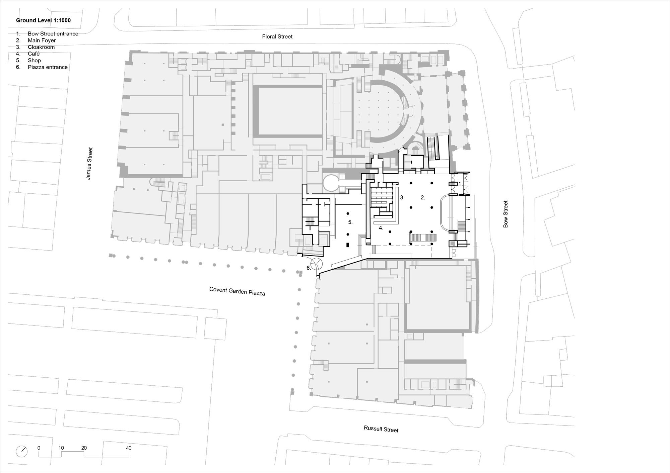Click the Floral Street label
[277, 36]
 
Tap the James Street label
[89, 164]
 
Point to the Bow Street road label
[506, 214]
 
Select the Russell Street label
[381, 429]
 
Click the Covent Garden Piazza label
[237, 291]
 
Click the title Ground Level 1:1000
[44, 20]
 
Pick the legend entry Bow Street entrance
[53, 34]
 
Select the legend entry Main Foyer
[42, 40]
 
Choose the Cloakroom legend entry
[41, 47]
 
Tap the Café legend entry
[34, 54]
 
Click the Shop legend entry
[34, 61]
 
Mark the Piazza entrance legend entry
[48, 67]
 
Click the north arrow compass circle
[22, 451]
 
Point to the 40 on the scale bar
[129, 448]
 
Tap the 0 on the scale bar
[39, 448]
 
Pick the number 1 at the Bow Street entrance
[460, 184]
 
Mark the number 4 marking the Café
[381, 228]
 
